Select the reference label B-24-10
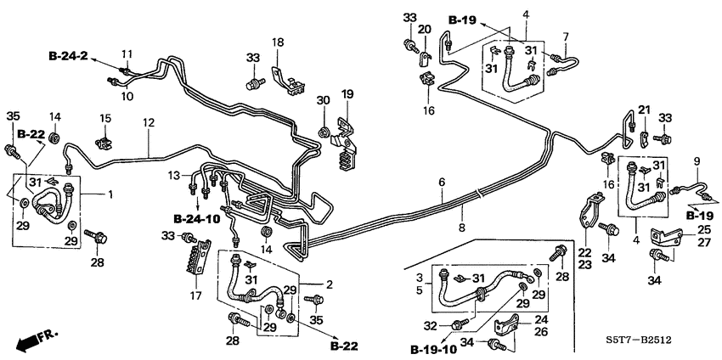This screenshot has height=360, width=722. pos(196,218)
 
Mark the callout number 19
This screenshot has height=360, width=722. pos(347,93)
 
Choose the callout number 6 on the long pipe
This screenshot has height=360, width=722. pos(442,183)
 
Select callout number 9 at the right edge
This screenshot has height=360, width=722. pos(697,161)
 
